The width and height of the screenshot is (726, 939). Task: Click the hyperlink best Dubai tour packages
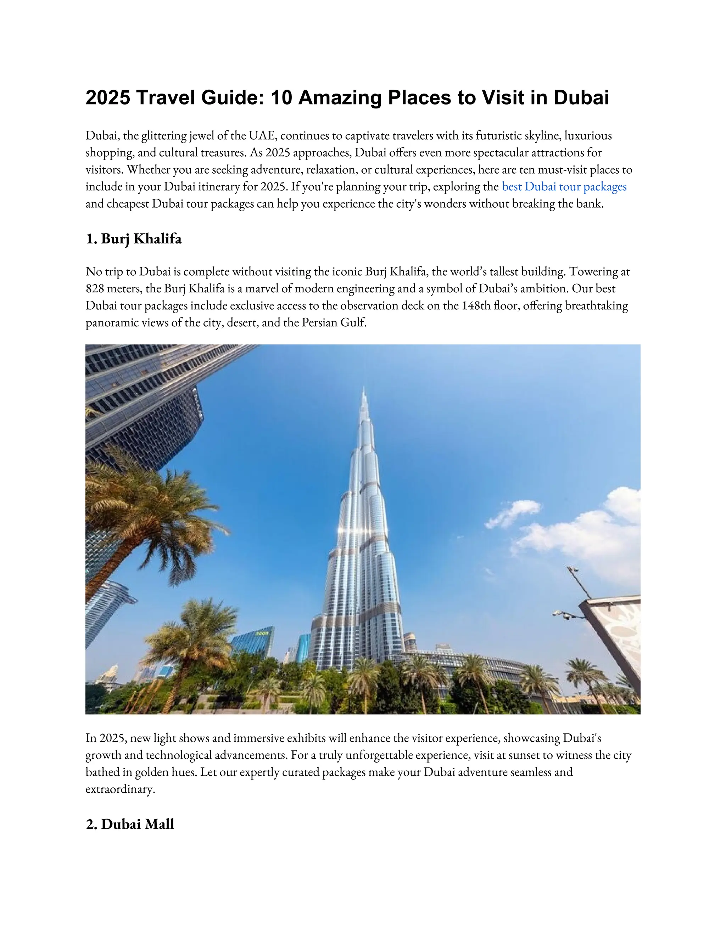(x=564, y=187)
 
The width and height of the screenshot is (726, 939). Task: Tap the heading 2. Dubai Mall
(x=130, y=824)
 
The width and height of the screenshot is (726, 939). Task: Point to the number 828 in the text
(x=95, y=288)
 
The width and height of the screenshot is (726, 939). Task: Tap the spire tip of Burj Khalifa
(x=364, y=389)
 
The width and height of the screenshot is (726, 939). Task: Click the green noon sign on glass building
(x=262, y=633)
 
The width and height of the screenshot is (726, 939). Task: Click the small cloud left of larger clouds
(x=513, y=514)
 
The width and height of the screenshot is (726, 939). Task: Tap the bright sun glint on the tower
(x=343, y=530)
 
